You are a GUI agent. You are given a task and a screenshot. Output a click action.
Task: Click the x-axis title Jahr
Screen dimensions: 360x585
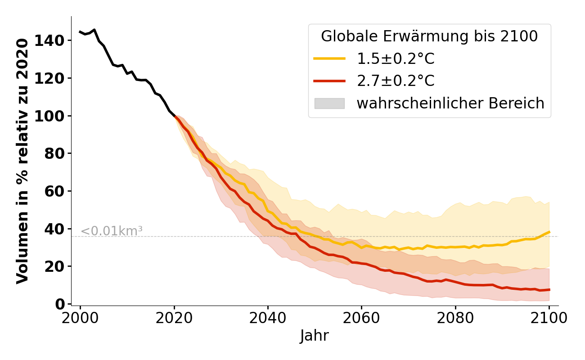[x=315, y=336]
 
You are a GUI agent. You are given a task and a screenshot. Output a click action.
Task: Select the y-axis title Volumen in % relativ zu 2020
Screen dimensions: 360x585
[x=22, y=161]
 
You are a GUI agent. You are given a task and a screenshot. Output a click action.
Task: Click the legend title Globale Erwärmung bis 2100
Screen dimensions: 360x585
[x=429, y=37]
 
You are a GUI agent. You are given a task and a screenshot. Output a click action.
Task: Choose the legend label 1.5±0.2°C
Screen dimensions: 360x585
[x=396, y=59]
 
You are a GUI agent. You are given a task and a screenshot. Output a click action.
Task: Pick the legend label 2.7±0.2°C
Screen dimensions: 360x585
[x=396, y=81]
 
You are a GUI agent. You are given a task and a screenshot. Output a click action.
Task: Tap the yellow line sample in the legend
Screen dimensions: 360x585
[x=329, y=59]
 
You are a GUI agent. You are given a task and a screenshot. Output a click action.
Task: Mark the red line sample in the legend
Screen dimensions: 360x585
[x=329, y=81]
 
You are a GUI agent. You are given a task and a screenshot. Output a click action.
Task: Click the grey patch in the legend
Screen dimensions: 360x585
[x=329, y=103]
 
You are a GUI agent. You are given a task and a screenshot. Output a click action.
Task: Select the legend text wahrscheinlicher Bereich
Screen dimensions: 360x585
[x=450, y=103]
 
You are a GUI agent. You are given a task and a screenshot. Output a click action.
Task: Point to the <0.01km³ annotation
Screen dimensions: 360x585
[x=112, y=231]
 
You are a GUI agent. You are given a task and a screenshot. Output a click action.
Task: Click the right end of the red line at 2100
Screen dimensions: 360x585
[x=549, y=290]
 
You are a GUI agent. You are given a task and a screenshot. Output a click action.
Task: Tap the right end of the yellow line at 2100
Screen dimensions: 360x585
[x=549, y=232]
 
